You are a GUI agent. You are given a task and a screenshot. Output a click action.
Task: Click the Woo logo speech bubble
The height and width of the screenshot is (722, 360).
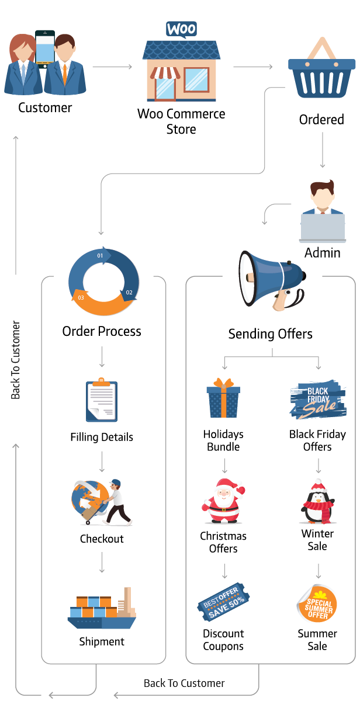coord(182,30)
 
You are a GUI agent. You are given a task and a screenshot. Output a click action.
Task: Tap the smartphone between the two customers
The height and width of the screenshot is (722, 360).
coord(45,48)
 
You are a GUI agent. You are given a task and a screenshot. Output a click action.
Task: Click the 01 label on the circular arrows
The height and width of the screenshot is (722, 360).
coord(100,256)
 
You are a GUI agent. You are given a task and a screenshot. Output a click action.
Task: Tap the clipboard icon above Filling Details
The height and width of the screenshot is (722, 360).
coord(102,400)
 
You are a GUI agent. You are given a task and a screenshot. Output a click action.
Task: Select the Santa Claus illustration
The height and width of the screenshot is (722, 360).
coord(223,501)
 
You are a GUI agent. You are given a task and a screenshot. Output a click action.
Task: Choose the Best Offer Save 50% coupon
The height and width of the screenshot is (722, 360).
coord(223,602)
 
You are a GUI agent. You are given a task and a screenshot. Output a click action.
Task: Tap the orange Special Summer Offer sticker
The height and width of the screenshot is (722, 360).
coord(317,603)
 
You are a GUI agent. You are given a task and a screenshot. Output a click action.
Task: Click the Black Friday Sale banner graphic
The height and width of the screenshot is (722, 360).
coord(318,400)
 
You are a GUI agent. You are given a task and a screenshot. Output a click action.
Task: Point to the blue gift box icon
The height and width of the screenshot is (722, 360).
coord(223,398)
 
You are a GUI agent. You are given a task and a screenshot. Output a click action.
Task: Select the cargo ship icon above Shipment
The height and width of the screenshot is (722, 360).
coord(102,608)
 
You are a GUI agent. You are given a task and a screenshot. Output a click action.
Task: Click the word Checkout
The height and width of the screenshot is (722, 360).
coord(102,539)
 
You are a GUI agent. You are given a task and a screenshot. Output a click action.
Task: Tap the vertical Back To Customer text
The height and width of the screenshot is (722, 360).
coord(15,360)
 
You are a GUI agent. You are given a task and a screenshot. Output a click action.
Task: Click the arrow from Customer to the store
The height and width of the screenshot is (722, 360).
coord(113,67)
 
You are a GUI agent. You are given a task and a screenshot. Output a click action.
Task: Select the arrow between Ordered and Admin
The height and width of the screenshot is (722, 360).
coord(322,150)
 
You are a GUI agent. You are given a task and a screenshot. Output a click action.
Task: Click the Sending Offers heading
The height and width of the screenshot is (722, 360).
coord(271,334)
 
